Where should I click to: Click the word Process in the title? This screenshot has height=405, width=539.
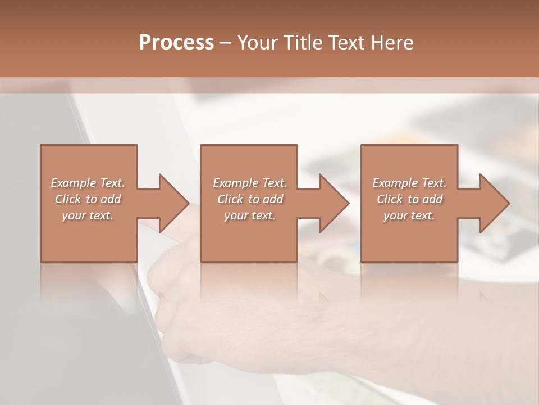click(176, 42)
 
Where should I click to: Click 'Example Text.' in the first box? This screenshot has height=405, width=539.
click(88, 183)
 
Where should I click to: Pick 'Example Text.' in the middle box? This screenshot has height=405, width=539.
click(250, 183)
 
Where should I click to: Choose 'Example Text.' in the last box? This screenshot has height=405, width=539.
click(409, 183)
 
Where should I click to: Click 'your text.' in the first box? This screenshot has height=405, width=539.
click(88, 215)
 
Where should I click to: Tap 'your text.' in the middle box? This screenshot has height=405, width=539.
click(249, 215)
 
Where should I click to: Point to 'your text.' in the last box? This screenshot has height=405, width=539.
click(409, 215)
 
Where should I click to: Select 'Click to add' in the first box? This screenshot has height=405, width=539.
click(88, 199)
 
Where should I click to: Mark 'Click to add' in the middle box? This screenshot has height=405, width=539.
click(250, 199)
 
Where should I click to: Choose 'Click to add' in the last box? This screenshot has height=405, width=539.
click(409, 199)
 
